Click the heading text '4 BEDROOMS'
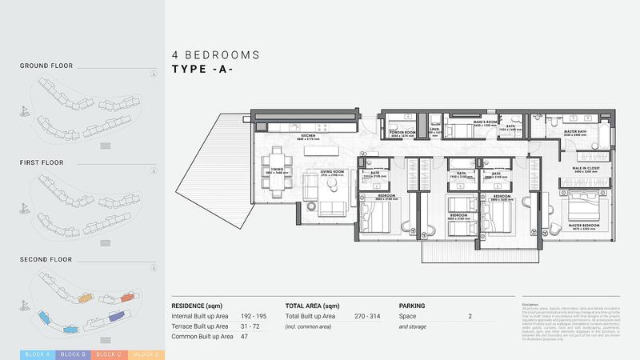click(x=215, y=55)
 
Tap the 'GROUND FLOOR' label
click(x=46, y=66)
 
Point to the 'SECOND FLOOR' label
click(x=46, y=259)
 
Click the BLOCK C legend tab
click(x=108, y=354)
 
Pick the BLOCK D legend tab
click(x=145, y=354)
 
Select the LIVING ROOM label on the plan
click(x=333, y=171)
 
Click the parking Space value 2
click(x=470, y=317)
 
